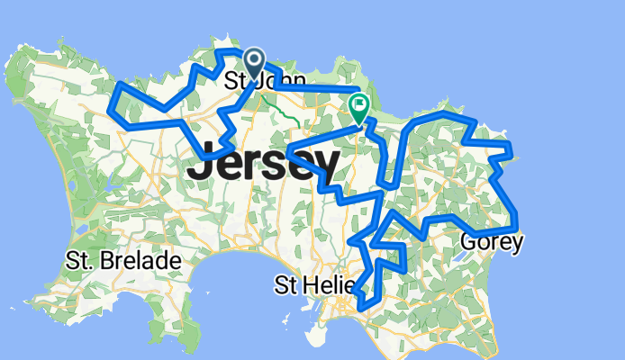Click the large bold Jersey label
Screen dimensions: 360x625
click(x=263, y=164)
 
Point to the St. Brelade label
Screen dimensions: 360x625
click(x=123, y=261)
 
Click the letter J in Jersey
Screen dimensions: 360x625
click(x=200, y=164)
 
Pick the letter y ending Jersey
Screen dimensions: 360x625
click(x=326, y=167)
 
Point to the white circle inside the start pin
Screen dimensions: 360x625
click(x=254, y=60)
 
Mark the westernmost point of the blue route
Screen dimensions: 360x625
click(x=109, y=110)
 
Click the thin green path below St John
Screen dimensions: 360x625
click(x=288, y=113)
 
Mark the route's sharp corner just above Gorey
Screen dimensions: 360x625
click(x=515, y=212)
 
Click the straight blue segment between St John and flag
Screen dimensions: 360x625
click(x=315, y=88)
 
